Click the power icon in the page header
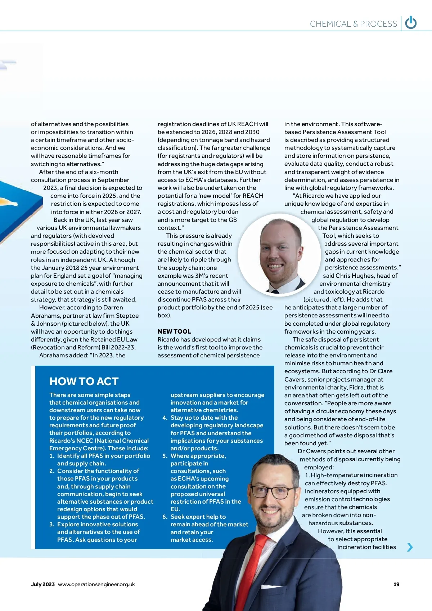[411, 23]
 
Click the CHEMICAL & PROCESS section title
[353, 24]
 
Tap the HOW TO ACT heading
[84, 381]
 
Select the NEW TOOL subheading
[174, 331]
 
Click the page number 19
[396, 584]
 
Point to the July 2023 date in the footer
[43, 584]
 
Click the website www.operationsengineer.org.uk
[96, 584]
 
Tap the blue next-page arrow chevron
[410, 547]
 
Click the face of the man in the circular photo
[277, 252]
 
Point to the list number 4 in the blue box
[165, 418]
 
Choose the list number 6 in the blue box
[165, 517]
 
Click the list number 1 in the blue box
[52, 456]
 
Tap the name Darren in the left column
[113, 308]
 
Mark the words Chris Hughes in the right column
[353, 276]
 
